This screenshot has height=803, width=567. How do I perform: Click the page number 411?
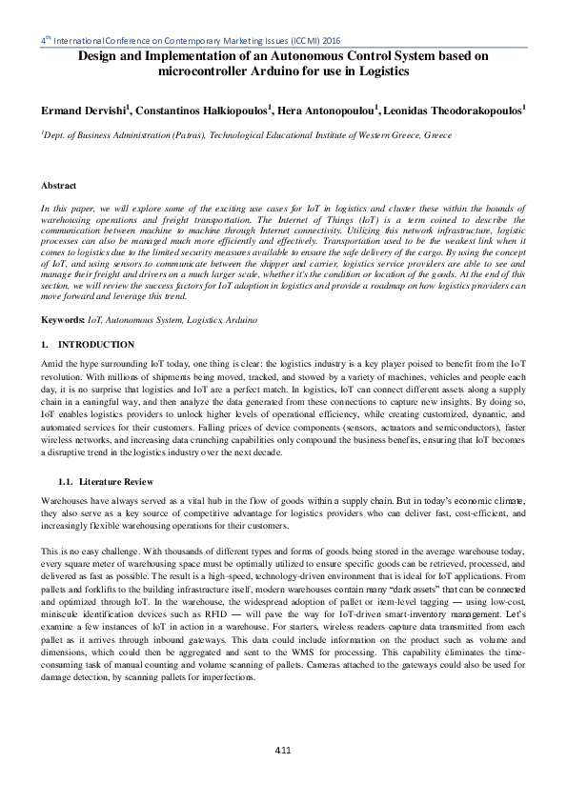tap(282, 752)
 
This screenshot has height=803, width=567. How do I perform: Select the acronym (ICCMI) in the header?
tap(296, 42)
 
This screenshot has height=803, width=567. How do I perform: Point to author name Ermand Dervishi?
tap(83, 111)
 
